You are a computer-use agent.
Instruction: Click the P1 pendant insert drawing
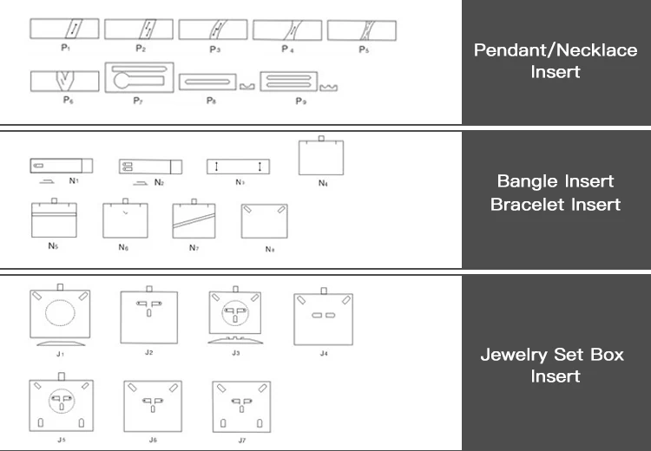(65, 29)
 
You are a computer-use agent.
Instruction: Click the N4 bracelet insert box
(322, 157)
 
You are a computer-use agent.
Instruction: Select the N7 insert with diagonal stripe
(195, 219)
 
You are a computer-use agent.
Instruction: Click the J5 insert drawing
(62, 404)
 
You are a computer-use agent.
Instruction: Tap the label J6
(153, 440)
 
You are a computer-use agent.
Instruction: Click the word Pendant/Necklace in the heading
(556, 49)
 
